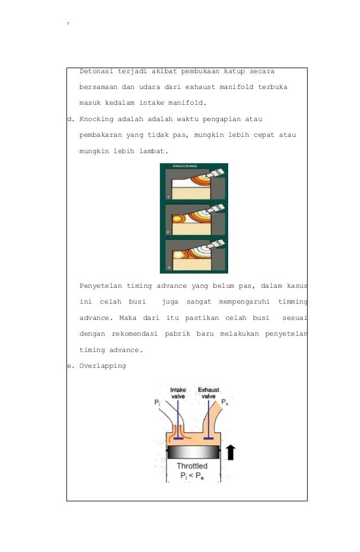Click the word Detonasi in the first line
[x=96, y=71]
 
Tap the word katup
[x=234, y=72]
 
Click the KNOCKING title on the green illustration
[x=185, y=166]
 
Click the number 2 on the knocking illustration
[x=168, y=232]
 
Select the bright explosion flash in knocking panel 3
[x=179, y=254]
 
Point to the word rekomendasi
[x=135, y=333]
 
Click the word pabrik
[x=177, y=333]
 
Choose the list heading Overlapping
[x=103, y=366]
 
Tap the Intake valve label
[x=178, y=393]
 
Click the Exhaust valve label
[x=208, y=393]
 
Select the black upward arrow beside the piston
[x=230, y=452]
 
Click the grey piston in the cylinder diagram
[x=193, y=452]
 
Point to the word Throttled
[x=192, y=466]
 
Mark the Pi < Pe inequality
[x=192, y=477]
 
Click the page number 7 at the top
[x=68, y=24]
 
